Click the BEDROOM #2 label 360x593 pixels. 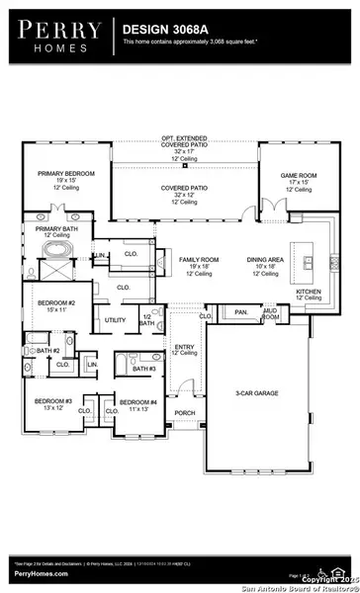tap(48, 303)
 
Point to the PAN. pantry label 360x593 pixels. tap(241, 312)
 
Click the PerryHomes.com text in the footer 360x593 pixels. tap(40, 573)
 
